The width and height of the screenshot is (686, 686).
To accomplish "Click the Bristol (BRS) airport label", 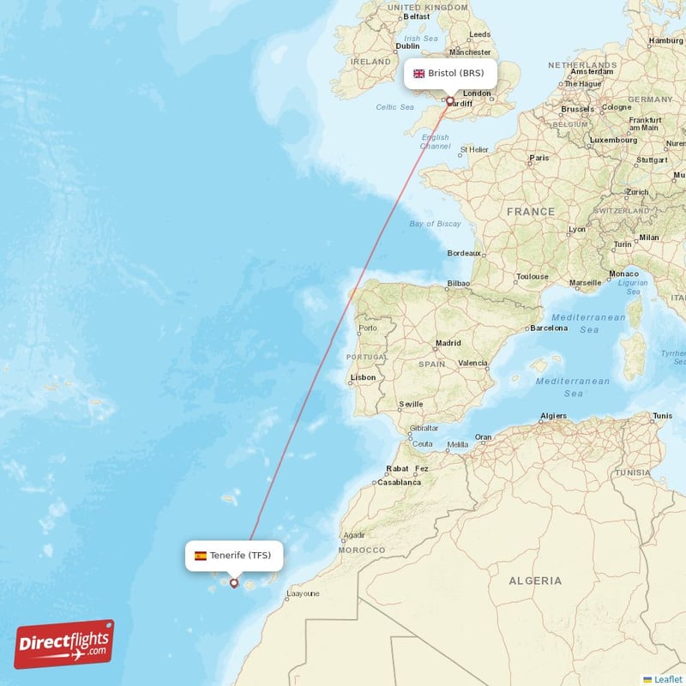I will pyautogui.click(x=450, y=73).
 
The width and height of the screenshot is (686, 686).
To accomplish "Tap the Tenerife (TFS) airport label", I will pyautogui.click(x=233, y=556).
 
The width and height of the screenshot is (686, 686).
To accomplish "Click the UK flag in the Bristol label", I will pyautogui.click(x=419, y=74).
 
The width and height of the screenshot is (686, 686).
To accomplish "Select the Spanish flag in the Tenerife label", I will pyautogui.click(x=200, y=556).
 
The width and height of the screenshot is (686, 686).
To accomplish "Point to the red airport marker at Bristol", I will pyautogui.click(x=448, y=100).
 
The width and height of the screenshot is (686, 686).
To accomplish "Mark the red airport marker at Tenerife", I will pyautogui.click(x=233, y=583).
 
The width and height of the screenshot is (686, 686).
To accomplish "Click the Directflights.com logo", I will pyautogui.click(x=63, y=644).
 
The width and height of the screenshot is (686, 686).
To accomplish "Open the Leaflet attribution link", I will pyautogui.click(x=667, y=679).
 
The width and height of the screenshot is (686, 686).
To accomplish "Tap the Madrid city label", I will pyautogui.click(x=448, y=343).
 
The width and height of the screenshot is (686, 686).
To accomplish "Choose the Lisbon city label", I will pyautogui.click(x=363, y=376).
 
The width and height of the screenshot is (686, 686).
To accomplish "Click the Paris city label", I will pyautogui.click(x=539, y=158).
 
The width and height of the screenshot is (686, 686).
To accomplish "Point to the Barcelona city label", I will pyautogui.click(x=549, y=328).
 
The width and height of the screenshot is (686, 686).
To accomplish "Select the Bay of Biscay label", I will pyautogui.click(x=435, y=224).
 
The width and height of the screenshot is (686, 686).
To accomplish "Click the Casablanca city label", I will pyautogui.click(x=399, y=482).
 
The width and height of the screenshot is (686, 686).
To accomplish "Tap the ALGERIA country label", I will pyautogui.click(x=535, y=581).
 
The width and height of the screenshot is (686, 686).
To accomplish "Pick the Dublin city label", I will pyautogui.click(x=408, y=46).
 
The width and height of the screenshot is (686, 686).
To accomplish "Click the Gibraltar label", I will pyautogui.click(x=424, y=428).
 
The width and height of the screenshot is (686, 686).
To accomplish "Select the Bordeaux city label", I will pyautogui.click(x=464, y=254).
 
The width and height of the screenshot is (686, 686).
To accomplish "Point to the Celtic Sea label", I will pyautogui.click(x=394, y=107).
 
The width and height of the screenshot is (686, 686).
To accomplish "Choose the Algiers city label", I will pyautogui.click(x=553, y=417).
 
